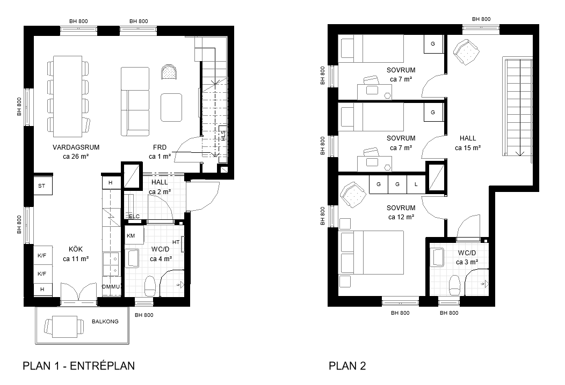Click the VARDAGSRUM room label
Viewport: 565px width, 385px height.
pyautogui.click(x=76, y=147)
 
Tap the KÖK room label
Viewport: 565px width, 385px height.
pyautogui.click(x=76, y=249)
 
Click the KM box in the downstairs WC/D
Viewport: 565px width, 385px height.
pyautogui.click(x=134, y=235)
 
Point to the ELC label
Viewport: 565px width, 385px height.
pyautogui.click(x=134, y=217)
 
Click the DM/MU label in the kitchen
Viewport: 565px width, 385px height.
pyautogui.click(x=111, y=287)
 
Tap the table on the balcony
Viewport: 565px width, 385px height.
pyautogui.click(x=64, y=327)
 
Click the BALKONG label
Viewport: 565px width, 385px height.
pyautogui.click(x=105, y=321)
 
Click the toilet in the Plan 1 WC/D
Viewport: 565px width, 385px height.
pyautogui.click(x=149, y=285)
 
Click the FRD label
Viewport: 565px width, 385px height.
pyautogui.click(x=160, y=147)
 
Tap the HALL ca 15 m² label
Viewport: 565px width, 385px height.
pyautogui.click(x=468, y=143)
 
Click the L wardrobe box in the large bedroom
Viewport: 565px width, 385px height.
pyautogui.click(x=416, y=184)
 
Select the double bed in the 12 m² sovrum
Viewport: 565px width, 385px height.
pyautogui.click(x=372, y=253)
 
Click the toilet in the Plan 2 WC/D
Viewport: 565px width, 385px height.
pyautogui.click(x=455, y=285)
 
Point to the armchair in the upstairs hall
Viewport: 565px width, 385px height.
pyautogui.click(x=467, y=52)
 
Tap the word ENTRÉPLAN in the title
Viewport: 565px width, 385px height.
pyautogui.click(x=103, y=366)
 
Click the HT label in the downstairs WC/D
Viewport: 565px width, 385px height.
pyautogui.click(x=176, y=242)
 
